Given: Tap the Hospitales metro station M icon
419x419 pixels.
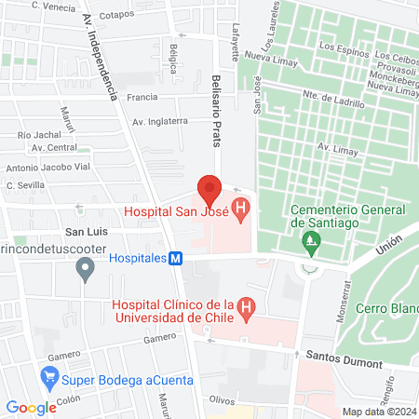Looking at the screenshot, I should (x=175, y=259).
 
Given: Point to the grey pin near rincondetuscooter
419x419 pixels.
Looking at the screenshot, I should (x=86, y=271).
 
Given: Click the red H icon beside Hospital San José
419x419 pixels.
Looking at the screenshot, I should (x=240, y=211).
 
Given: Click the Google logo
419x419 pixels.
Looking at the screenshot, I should (x=31, y=407).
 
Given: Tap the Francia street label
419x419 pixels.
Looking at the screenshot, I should (x=142, y=97).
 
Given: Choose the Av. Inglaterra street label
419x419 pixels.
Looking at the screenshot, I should (x=161, y=120).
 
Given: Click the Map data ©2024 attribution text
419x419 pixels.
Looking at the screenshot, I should (x=377, y=411).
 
